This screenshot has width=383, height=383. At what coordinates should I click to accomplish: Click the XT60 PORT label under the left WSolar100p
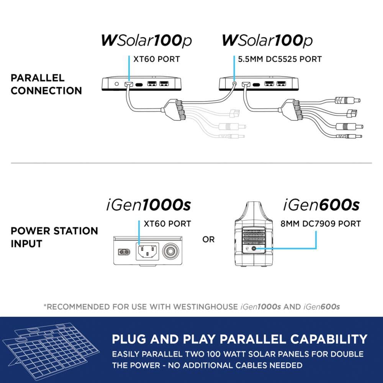156,59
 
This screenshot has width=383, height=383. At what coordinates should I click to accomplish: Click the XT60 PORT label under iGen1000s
167,224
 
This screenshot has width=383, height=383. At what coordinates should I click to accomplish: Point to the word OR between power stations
209,240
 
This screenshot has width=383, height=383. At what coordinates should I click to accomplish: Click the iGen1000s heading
148,206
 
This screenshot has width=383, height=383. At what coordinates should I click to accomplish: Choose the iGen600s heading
321,206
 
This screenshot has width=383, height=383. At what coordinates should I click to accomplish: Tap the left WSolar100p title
146,41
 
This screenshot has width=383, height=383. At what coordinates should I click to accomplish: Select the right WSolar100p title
267,41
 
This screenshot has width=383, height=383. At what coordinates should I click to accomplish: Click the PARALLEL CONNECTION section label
46,84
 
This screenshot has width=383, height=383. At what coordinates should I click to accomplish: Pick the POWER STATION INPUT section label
54,237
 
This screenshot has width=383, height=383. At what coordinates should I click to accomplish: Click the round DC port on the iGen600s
255,249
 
